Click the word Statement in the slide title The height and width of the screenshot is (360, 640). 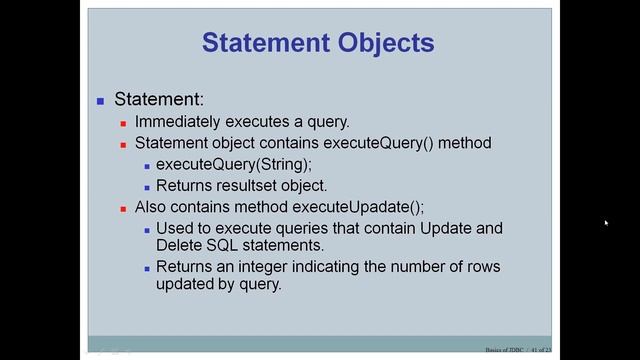261,43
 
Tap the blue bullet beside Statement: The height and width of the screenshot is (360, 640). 101,101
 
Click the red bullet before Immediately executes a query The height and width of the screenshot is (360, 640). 124,123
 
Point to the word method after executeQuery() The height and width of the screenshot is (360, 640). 466,143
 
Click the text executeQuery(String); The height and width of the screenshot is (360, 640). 233,164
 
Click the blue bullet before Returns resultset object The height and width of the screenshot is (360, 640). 146,186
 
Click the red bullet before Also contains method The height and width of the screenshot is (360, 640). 124,208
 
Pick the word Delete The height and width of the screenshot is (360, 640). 180,245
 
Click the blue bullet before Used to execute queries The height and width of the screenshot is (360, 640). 146,229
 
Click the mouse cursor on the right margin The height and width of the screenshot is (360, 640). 606,223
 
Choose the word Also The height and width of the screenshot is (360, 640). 151,207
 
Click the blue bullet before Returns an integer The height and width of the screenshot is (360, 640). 146,267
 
